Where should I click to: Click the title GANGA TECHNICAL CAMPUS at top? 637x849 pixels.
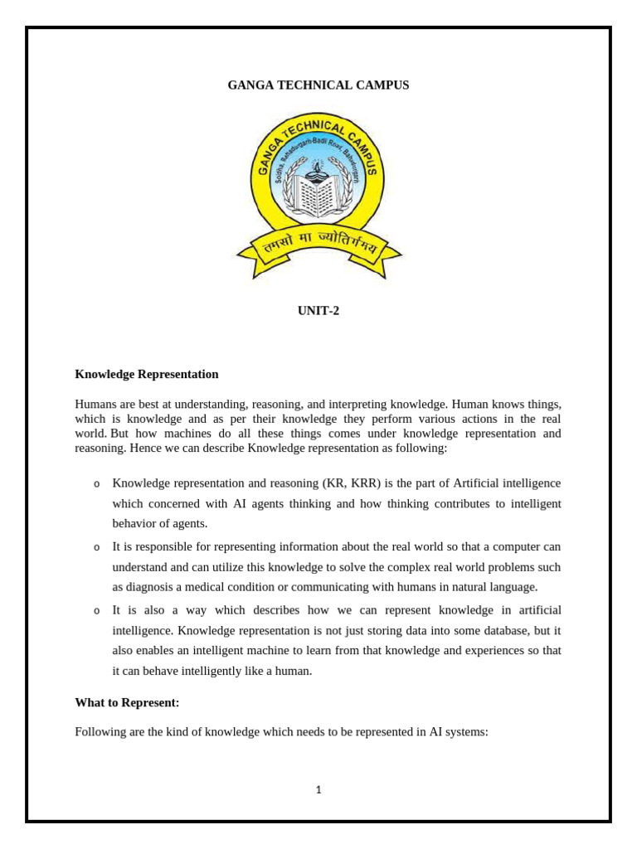[x=318, y=85]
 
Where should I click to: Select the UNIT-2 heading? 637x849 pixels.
[x=318, y=311]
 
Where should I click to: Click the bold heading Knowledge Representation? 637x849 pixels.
[x=147, y=374]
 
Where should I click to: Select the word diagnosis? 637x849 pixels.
[x=155, y=587]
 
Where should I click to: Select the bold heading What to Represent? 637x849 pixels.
[x=127, y=702]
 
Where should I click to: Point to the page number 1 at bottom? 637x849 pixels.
[x=318, y=790]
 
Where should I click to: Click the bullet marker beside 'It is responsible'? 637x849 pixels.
[x=97, y=547]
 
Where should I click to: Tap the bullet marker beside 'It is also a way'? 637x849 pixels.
[x=97, y=611]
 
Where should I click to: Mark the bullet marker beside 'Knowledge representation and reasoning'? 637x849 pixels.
[x=97, y=484]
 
